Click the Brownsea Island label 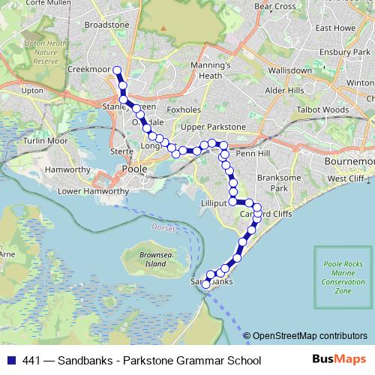pyautogui.click(x=155, y=260)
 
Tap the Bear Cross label pyautogui.click(x=274, y=6)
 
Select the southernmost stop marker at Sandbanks pyautogui.click(x=206, y=284)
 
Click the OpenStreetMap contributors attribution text pyautogui.click(x=310, y=336)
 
